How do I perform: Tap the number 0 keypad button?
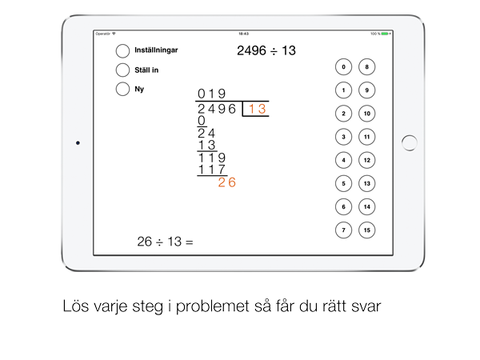[x=343, y=66]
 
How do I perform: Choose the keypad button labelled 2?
[x=343, y=114]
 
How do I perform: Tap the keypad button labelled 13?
[x=366, y=183]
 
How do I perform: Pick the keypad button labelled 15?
[x=366, y=230]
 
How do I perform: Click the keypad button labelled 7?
[x=343, y=230]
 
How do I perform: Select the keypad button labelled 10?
[x=366, y=114]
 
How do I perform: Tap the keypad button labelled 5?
[x=343, y=183]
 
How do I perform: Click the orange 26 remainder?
[x=227, y=182]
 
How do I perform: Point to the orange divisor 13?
[x=257, y=109]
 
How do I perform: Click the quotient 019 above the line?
[x=211, y=94]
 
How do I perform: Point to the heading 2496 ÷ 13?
[x=266, y=51]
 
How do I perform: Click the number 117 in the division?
[x=212, y=170]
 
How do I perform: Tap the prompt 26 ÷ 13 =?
[x=166, y=242]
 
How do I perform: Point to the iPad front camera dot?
[x=78, y=143]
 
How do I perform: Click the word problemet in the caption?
[x=213, y=306]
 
